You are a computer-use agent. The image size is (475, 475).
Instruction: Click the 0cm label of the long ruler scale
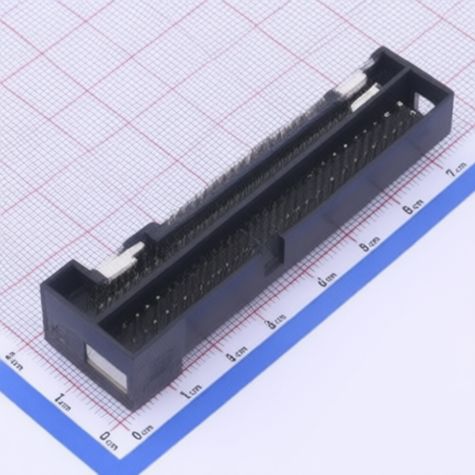[x=143, y=432]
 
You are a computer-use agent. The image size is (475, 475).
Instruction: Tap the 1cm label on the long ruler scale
[x=191, y=392]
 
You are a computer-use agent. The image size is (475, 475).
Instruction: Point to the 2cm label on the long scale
[x=237, y=353]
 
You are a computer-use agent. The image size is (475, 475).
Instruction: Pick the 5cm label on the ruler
[x=369, y=244]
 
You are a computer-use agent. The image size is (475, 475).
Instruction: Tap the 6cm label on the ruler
[x=413, y=206]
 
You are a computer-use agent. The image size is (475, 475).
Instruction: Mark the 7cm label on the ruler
[x=456, y=169]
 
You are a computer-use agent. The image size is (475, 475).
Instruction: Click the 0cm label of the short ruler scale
[x=109, y=439]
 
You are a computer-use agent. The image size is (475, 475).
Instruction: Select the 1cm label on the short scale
[x=60, y=401]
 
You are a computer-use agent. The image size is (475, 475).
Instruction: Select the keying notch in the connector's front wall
[x=276, y=249]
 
